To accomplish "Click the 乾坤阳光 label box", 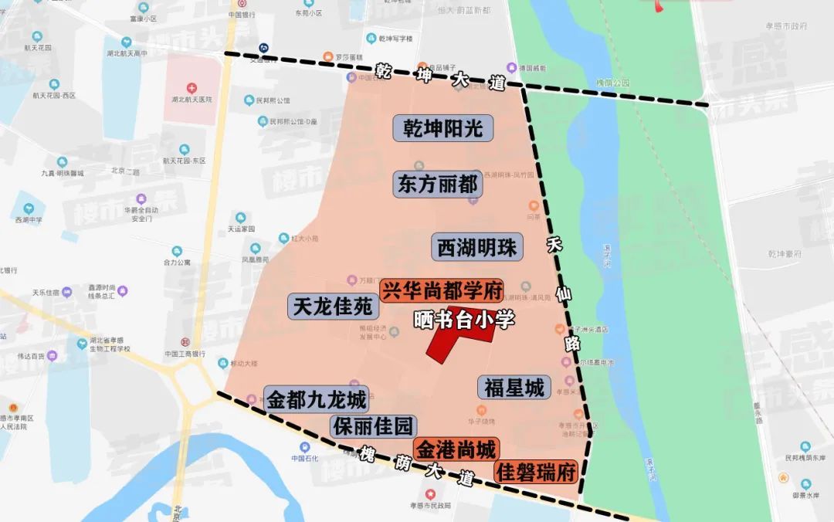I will (x=443, y=128).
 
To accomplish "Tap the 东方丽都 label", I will (x=438, y=185).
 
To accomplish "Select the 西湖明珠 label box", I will (x=477, y=248).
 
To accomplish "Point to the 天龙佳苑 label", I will (x=334, y=307).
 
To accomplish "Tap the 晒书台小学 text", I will (x=464, y=320).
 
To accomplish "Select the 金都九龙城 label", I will (x=317, y=400).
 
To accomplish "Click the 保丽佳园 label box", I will (x=374, y=426).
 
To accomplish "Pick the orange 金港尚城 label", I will (x=456, y=449).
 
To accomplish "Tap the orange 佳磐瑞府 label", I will (x=537, y=470).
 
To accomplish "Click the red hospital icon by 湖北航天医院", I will (x=192, y=88).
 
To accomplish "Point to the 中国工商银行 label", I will (x=185, y=354).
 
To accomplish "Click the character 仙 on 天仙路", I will (x=563, y=293).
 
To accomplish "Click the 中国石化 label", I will (x=306, y=458).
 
